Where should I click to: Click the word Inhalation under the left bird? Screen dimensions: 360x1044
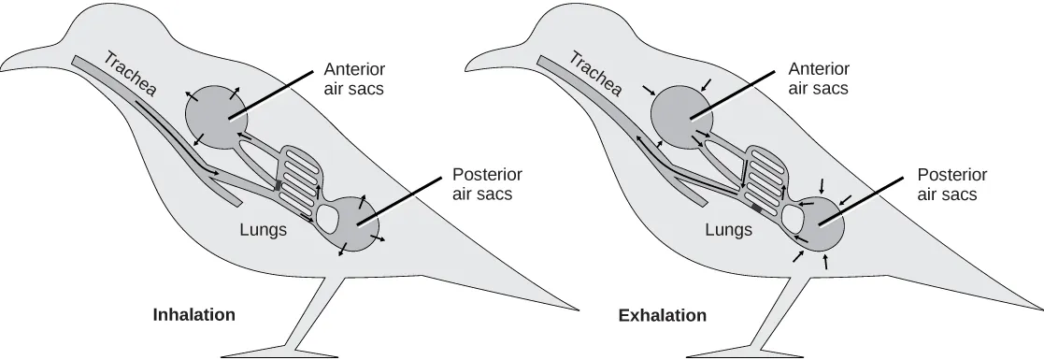193,315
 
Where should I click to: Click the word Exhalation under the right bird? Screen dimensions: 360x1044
662,315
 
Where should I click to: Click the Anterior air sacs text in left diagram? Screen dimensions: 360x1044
353,79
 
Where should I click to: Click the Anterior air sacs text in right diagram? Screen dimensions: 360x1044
819,79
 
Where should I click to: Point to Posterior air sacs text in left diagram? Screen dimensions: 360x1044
487,185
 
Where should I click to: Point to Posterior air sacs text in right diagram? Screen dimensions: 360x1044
952,185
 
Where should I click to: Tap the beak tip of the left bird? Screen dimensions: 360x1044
4,67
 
